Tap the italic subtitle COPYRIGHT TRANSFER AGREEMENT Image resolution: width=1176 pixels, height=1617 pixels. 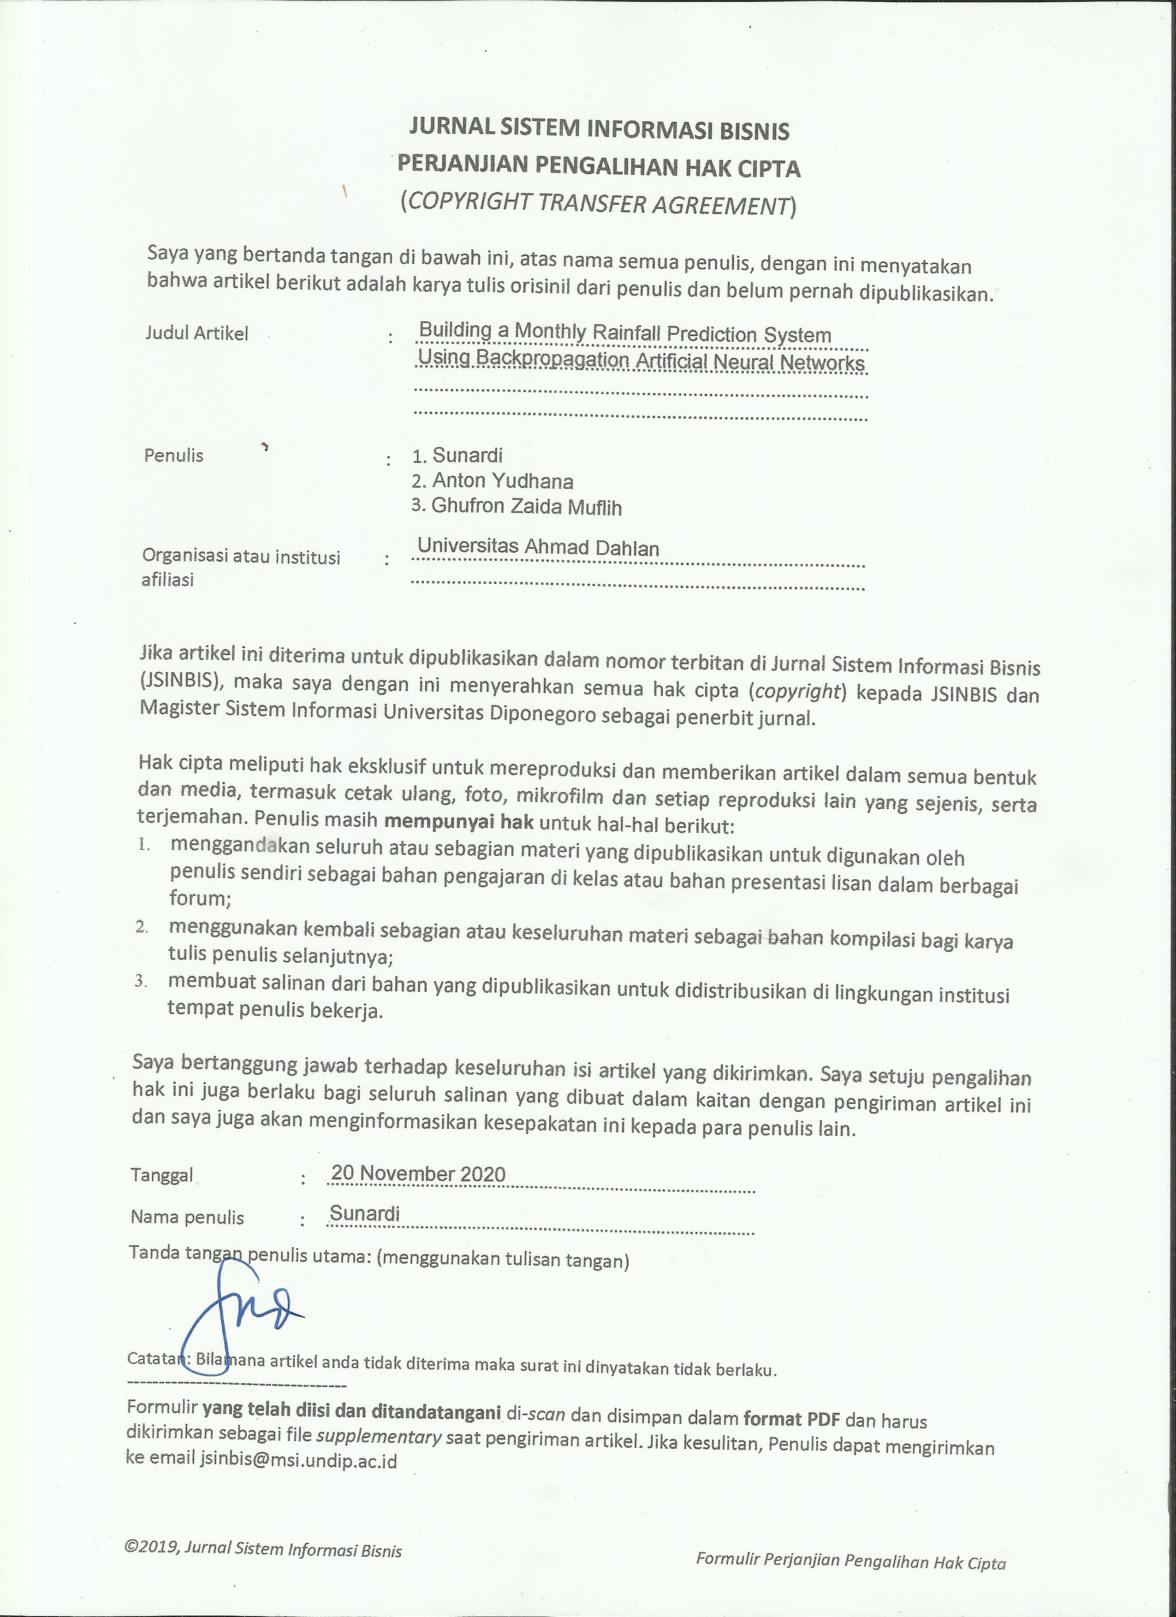pyautogui.click(x=598, y=204)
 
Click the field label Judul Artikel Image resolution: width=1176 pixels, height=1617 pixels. pyautogui.click(x=197, y=333)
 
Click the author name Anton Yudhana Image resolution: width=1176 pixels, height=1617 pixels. pyautogui.click(x=502, y=481)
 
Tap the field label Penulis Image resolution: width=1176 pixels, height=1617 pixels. pyautogui.click(x=173, y=456)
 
